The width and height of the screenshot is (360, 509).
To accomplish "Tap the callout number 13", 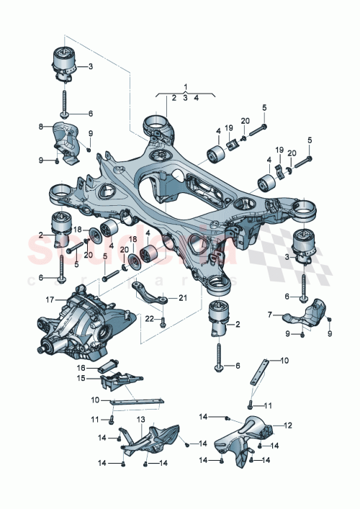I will (x=141, y=419).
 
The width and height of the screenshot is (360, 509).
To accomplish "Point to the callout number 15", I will (x=81, y=378).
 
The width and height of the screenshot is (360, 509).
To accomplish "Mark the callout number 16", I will (x=81, y=366).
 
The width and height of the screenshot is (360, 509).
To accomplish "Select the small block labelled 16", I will (x=113, y=361).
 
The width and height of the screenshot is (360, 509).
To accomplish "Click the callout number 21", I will (x=182, y=297).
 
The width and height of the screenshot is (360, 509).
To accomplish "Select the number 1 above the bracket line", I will (x=185, y=86).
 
